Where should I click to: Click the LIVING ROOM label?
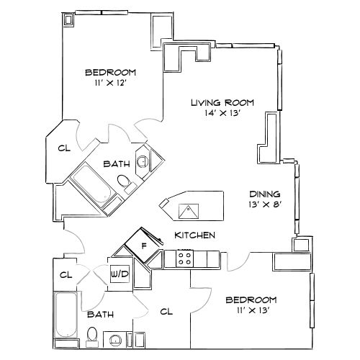(222, 103)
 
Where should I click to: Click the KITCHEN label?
(194, 235)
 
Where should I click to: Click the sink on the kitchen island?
(189, 211)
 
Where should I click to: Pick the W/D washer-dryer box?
(119, 274)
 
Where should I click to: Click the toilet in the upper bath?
(124, 183)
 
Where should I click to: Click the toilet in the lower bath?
(91, 336)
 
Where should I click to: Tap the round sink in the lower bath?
(114, 339)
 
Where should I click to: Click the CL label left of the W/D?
(66, 274)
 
